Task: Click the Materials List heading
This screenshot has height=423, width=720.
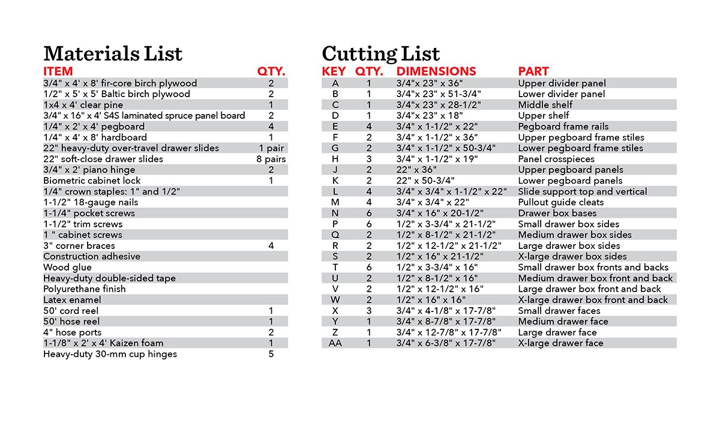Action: pyautogui.click(x=113, y=54)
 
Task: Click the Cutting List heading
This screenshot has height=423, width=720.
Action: pyautogui.click(x=381, y=54)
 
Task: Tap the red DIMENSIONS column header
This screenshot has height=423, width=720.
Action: pyautogui.click(x=436, y=71)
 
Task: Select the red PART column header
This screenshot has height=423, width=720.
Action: pyautogui.click(x=533, y=71)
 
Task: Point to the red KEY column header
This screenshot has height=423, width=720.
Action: pyautogui.click(x=334, y=71)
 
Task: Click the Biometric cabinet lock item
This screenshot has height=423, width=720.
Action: pyautogui.click(x=92, y=181)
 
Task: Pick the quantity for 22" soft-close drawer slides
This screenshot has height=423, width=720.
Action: pyautogui.click(x=271, y=159)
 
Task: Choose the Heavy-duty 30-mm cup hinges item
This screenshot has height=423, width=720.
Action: pyautogui.click(x=110, y=354)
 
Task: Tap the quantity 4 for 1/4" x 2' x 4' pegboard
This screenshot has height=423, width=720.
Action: pyautogui.click(x=271, y=127)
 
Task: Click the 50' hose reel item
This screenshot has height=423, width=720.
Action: pyautogui.click(x=71, y=322)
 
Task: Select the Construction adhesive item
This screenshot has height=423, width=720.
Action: pyautogui.click(x=92, y=256)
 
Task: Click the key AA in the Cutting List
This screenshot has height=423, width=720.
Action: pyautogui.click(x=335, y=343)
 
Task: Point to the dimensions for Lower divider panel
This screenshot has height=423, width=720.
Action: pyautogui.click(x=439, y=94)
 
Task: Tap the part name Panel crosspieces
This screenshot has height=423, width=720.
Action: pyautogui.click(x=556, y=159)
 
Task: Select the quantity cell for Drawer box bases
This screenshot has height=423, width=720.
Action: pyautogui.click(x=369, y=213)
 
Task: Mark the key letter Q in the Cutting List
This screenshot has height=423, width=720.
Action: pyautogui.click(x=335, y=235)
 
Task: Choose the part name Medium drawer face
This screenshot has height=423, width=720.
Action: pyautogui.click(x=563, y=322)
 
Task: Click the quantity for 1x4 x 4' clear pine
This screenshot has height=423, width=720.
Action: pyautogui.click(x=271, y=105)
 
